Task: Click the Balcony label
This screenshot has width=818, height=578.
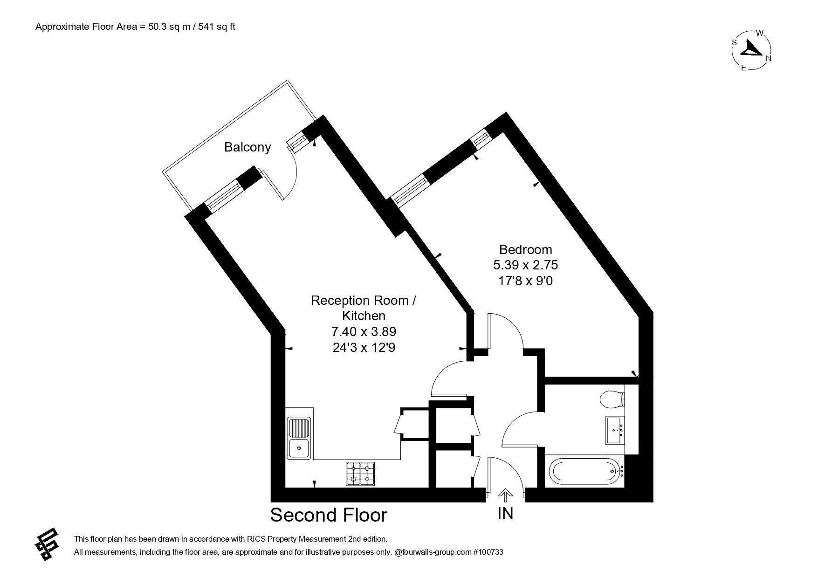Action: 247,147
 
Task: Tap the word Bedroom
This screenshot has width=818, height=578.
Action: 526,249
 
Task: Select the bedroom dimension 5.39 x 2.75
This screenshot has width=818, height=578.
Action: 526,265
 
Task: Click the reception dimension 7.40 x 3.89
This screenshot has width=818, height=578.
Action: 364,331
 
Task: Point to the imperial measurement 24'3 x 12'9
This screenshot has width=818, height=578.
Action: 364,347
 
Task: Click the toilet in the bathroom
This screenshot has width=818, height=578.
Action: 612,399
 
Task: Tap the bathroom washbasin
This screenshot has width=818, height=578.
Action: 616,430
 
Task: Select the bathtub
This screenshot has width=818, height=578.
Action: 586,471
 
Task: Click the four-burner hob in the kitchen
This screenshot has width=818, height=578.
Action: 360,474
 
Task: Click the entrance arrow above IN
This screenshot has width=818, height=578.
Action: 505,495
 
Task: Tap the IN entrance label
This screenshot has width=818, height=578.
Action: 505,513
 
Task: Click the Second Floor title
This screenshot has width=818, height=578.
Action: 329,515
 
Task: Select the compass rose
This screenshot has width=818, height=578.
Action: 752,50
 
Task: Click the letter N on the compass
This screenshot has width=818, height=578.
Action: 769,58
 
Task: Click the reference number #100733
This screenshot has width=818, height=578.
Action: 488,552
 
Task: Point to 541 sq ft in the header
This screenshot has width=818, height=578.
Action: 217,27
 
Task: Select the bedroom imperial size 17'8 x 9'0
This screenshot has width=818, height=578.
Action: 526,281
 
